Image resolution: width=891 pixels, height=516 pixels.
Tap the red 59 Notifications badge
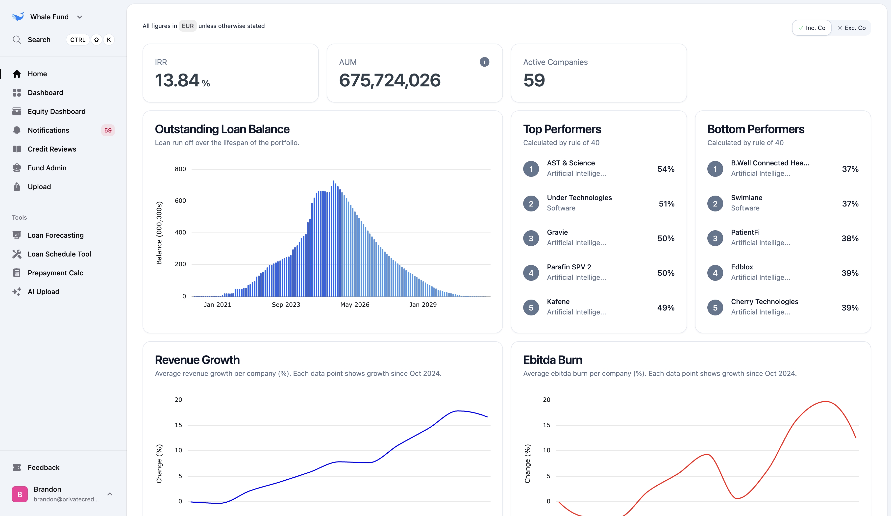108,130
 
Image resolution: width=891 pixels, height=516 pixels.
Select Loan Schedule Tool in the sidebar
59,254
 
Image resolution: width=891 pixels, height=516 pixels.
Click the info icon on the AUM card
484,62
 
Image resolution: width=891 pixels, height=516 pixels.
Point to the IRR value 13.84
177,80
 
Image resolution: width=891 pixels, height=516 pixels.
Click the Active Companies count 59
534,80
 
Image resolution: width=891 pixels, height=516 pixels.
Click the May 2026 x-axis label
355,305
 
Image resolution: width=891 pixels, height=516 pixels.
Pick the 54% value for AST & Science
666,169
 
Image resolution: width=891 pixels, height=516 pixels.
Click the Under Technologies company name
579,198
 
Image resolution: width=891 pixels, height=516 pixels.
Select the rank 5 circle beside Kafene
531,308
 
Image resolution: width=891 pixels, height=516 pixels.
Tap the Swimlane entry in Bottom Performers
746,198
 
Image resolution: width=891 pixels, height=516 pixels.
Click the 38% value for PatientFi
850,238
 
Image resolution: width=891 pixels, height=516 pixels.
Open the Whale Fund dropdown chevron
80,17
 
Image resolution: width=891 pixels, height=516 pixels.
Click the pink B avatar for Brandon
20,494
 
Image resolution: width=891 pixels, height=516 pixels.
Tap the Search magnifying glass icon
17,40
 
